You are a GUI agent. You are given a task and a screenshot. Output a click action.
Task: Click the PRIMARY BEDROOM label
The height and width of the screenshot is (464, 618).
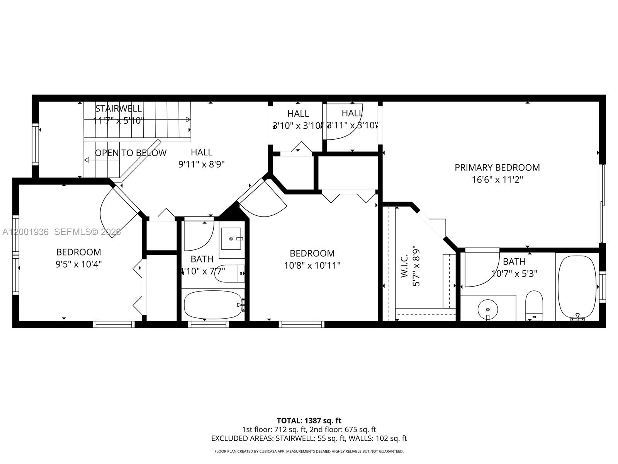(497, 167)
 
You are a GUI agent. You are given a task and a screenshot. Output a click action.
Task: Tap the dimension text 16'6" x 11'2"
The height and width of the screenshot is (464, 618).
(497, 180)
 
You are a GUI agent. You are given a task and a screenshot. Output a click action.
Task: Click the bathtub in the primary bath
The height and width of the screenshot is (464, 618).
(577, 287)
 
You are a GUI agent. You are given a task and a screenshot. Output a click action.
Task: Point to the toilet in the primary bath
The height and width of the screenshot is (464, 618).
(534, 305)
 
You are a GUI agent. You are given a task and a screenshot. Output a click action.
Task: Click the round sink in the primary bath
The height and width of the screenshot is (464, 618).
(488, 309)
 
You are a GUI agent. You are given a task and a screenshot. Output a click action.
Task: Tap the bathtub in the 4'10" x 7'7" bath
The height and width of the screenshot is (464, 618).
(212, 305)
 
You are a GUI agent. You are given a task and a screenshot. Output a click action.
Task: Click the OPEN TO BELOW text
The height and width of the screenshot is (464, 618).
(131, 153)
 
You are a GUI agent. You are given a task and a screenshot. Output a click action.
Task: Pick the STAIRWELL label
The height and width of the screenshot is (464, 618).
(119, 108)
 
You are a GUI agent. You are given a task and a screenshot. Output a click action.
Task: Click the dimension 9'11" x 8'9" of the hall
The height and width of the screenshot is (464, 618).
(201, 164)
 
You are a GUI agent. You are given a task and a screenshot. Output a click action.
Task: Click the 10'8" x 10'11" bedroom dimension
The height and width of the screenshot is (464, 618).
(312, 266)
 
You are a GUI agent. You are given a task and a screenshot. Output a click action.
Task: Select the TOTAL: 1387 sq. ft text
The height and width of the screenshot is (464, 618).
(309, 420)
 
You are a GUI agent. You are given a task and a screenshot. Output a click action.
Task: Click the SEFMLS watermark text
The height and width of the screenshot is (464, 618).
(87, 232)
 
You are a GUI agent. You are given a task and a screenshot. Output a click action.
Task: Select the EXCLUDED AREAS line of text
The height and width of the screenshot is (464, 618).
(309, 438)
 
